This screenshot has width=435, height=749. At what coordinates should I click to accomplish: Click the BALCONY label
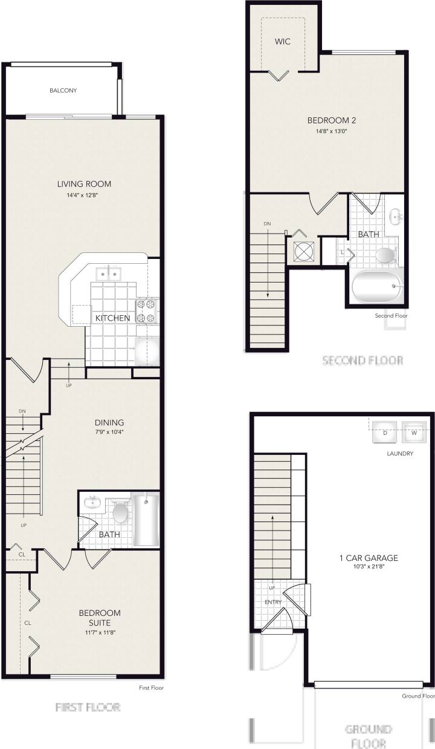tap(63, 91)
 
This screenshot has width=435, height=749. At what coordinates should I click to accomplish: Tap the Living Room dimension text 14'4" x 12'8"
tap(84, 195)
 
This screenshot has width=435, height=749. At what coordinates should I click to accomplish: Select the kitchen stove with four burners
tap(147, 311)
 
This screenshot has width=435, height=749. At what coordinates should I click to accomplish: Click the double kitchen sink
tap(109, 273)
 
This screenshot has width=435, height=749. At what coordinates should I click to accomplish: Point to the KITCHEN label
tap(112, 318)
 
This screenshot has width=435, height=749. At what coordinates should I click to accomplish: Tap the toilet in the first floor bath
tap(121, 513)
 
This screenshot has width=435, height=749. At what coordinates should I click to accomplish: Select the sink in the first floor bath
tap(92, 502)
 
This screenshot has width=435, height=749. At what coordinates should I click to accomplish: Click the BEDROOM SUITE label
tap(100, 617)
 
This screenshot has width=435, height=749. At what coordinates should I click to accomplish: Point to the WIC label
tap(282, 42)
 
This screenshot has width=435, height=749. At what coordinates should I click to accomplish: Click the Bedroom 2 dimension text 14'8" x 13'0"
tap(331, 131)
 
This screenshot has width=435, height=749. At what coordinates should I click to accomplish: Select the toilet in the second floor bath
tap(385, 254)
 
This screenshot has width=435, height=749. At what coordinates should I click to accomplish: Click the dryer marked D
tap(384, 433)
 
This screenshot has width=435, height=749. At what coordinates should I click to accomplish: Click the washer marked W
tap(414, 433)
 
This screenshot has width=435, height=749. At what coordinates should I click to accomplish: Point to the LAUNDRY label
tap(401, 453)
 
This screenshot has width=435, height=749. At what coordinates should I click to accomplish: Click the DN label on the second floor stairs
tap(267, 224)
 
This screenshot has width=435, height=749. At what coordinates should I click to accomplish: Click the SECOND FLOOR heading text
tap(362, 361)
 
